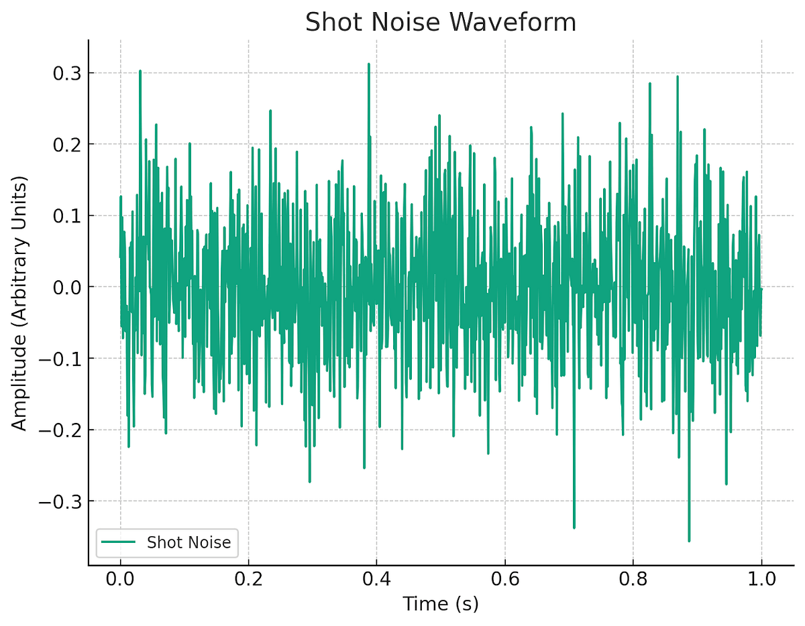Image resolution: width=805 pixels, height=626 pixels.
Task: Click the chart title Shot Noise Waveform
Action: coord(440,22)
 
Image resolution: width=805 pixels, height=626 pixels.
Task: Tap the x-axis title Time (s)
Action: coord(440,604)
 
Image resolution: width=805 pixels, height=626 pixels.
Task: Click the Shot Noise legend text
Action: coord(189,542)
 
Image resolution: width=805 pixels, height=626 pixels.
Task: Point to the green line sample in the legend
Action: coord(118,542)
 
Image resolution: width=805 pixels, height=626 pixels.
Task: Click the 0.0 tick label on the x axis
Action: coord(120,579)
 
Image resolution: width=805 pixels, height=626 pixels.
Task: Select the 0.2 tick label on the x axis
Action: coord(248,579)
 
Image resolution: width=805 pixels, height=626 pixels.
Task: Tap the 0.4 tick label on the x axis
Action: coord(376,579)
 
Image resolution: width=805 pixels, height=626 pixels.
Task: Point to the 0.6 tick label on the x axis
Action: coord(504,579)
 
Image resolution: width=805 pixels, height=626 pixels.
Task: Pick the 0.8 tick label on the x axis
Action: coord(633,579)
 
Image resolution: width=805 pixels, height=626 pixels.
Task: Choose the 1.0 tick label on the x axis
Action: coord(761,579)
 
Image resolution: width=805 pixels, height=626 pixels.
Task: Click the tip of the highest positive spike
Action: coord(368,64)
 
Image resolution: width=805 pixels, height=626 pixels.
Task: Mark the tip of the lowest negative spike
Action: coord(689,540)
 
